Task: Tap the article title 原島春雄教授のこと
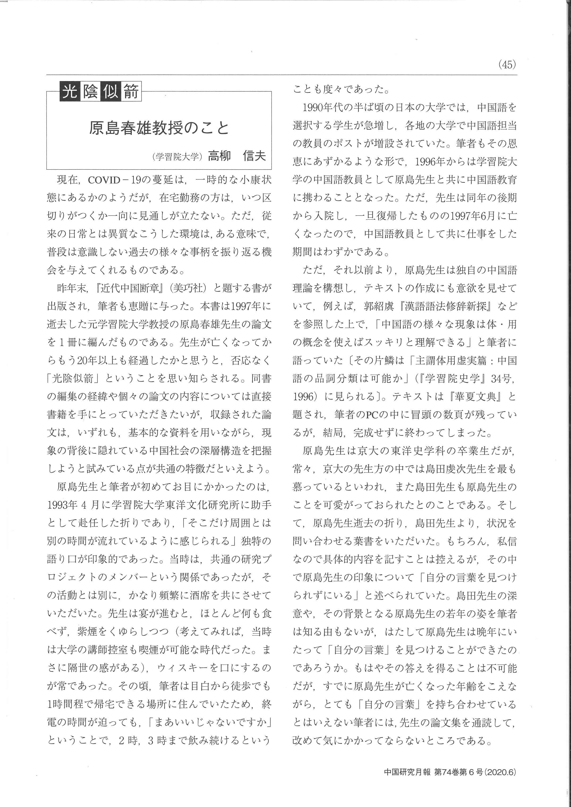159,128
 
